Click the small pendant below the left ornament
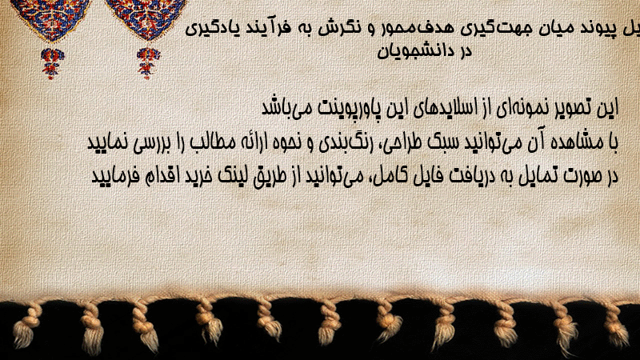[x=52, y=63]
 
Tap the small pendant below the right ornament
[x=148, y=63]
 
